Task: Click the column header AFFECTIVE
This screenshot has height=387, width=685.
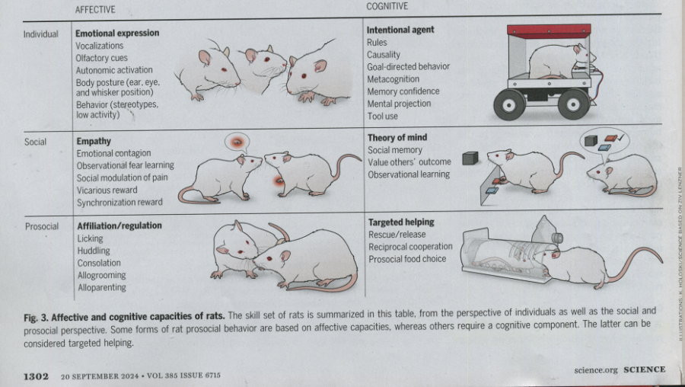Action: point(95,10)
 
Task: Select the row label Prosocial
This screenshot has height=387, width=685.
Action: point(42,226)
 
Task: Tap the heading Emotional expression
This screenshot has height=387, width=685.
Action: point(117,34)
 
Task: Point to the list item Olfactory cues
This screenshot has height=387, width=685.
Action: point(101,58)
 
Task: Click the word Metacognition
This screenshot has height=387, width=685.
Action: point(393,79)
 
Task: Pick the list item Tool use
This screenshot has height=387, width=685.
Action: point(383,117)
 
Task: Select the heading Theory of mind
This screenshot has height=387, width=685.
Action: point(397,138)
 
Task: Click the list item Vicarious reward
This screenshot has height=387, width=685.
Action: point(107,190)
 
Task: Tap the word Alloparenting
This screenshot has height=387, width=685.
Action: point(102,288)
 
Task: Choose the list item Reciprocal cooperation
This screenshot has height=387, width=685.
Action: point(410,247)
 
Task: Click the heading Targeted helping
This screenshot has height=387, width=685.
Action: point(401,222)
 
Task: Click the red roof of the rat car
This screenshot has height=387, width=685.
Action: point(549,30)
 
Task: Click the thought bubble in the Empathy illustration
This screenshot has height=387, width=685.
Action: point(237,142)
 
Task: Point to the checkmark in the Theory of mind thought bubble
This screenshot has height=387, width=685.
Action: point(621,138)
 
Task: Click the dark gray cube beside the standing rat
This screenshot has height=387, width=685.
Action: point(470,158)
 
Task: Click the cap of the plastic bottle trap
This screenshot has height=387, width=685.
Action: point(557,238)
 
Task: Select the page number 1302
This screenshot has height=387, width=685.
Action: point(36,376)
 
